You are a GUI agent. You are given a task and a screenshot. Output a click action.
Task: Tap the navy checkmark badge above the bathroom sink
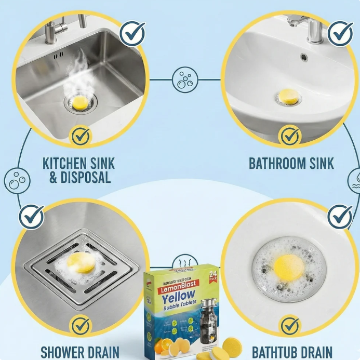click(x=340, y=33)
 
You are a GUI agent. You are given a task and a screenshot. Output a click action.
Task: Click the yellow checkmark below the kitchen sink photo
click(x=81, y=137)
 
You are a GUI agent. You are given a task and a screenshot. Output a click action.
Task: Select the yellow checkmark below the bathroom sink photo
click(x=289, y=136)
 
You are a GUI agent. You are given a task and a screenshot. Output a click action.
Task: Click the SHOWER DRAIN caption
click(x=80, y=352)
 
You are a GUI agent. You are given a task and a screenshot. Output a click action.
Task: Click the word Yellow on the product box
click(x=178, y=299)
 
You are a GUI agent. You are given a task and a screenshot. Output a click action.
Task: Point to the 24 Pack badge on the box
click(x=213, y=277)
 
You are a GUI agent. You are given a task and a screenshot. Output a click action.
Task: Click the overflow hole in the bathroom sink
click(x=304, y=57)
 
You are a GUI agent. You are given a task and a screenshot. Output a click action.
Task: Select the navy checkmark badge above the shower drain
click(x=31, y=216)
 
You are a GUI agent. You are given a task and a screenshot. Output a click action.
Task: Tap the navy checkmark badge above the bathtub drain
click(x=340, y=216)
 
